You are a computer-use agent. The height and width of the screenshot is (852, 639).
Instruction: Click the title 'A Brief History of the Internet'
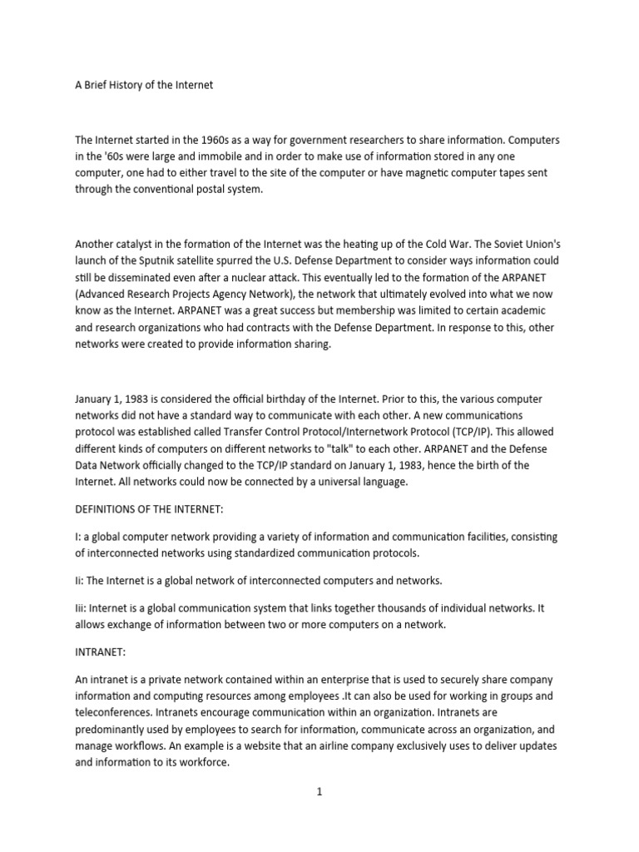click(144, 85)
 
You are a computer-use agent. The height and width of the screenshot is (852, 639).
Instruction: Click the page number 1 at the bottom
click(319, 791)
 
